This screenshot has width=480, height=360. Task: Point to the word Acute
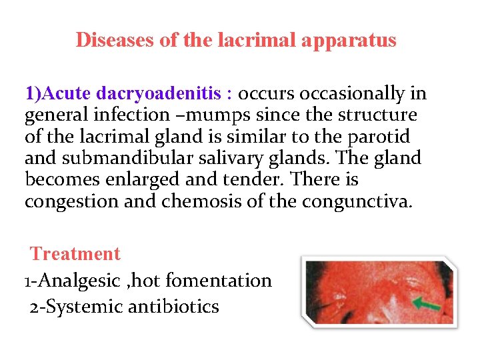pos(70,93)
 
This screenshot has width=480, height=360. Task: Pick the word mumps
pos(219,115)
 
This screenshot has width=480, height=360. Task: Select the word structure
pos(377,115)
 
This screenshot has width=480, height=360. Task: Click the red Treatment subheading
pos(75,254)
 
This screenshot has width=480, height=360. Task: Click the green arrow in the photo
pos(426,306)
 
